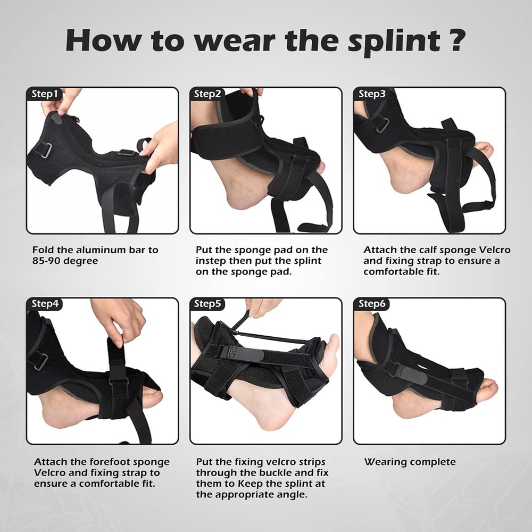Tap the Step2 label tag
tap(207, 94)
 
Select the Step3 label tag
tap(371, 94)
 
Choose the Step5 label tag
tap(207, 304)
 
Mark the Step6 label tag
tap(371, 304)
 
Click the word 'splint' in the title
tap(393, 41)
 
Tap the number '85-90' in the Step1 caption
tap(47, 261)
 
